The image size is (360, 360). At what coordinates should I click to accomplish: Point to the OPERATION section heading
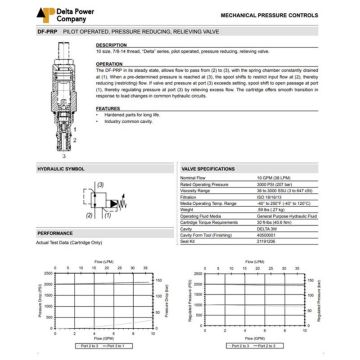pyautogui.click(x=108, y=62)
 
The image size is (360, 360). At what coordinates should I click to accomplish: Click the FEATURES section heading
pyautogui.click(x=107, y=107)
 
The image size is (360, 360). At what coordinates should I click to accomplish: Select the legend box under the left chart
pyautogui.click(x=98, y=346)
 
